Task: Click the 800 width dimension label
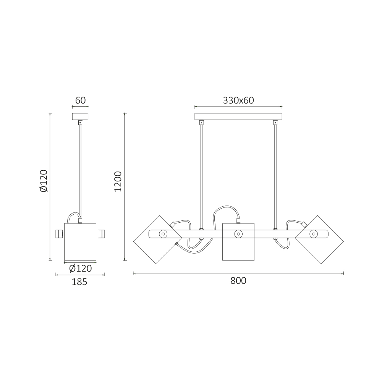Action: click(238, 281)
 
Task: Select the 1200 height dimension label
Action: click(118, 181)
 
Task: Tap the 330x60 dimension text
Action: click(238, 100)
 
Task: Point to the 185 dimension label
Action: click(79, 282)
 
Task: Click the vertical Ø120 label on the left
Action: click(44, 181)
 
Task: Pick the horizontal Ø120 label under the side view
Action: click(80, 269)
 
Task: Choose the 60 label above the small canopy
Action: click(80, 100)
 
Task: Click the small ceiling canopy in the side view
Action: click(80, 117)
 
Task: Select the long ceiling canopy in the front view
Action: click(238, 117)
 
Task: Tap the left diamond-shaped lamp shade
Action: click(158, 240)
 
